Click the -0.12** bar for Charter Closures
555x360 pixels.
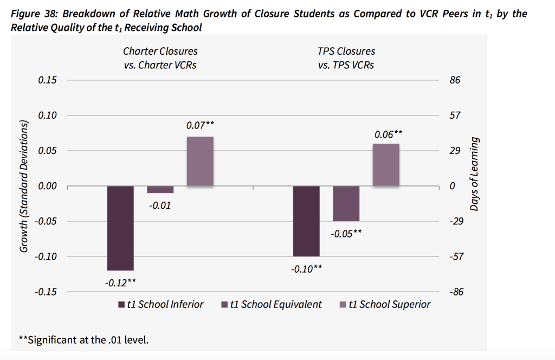point(120,228)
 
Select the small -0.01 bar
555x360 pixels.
point(160,189)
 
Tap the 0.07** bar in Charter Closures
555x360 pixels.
point(200,161)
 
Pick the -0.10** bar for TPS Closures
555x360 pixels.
point(306,221)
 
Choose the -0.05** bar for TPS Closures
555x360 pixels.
point(346,203)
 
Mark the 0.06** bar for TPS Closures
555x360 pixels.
point(386,164)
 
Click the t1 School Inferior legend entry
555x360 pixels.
point(162,304)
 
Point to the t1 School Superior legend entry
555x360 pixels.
point(384,304)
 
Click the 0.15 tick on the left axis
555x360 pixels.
point(47,80)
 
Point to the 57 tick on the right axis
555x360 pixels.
point(454,115)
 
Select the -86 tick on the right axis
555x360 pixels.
point(454,292)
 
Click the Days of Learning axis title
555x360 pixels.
point(475,173)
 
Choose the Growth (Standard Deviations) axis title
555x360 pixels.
point(24,186)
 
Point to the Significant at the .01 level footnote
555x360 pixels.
point(83,340)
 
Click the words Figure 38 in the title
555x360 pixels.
point(33,14)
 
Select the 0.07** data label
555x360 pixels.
point(200,125)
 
